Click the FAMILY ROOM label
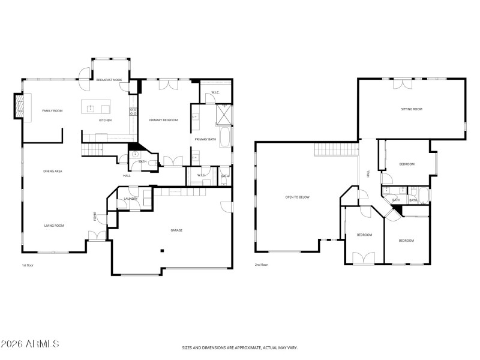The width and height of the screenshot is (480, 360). [52, 111]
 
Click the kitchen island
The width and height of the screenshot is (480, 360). [96, 109]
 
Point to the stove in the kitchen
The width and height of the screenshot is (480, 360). [134, 111]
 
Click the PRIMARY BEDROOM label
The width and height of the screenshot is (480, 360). [164, 120]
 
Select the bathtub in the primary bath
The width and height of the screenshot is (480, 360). [224, 137]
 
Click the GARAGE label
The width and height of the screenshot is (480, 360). [176, 230]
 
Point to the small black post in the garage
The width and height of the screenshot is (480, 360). [161, 251]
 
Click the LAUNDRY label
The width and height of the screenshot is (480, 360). [130, 199]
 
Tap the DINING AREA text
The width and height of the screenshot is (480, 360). [53, 171]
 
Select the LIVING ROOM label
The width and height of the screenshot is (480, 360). [53, 226]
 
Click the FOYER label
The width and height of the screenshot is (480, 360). [94, 217]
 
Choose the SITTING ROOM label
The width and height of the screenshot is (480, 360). [412, 109]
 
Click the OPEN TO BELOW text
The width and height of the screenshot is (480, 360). [297, 197]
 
